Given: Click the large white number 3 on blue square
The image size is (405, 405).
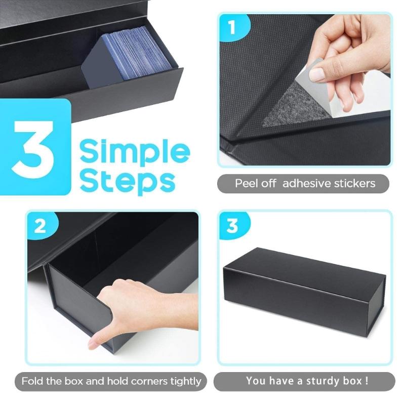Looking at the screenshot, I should [x=35, y=147].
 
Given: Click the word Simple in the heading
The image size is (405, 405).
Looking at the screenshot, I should [x=135, y=152].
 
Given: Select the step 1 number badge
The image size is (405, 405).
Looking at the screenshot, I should [x=232, y=28].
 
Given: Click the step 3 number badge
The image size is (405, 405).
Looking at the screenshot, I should [x=232, y=226].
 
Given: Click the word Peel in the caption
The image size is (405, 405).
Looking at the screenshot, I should [x=247, y=183].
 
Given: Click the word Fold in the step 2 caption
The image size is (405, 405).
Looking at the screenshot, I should [x=33, y=381].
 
